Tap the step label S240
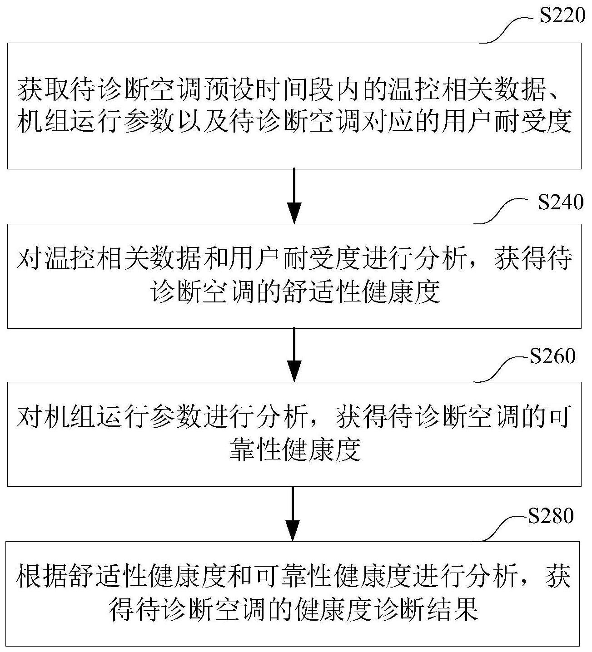pos(561,202)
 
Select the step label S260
pos(552,356)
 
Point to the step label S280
pos(551,516)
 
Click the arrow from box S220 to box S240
pos(294,196)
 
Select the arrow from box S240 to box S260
pos(294,355)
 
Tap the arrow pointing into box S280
pos(293,514)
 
